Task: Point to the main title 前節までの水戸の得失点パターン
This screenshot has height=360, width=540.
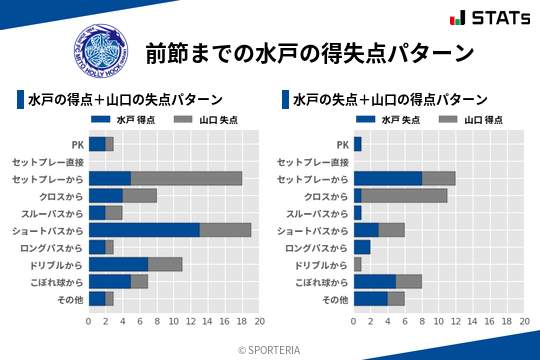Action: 308,52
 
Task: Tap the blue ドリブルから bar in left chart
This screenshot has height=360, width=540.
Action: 118,264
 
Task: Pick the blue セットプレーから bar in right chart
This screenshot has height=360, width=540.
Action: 387,178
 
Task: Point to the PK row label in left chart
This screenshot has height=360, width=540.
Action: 77,144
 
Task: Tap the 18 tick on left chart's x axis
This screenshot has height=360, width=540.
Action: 242,322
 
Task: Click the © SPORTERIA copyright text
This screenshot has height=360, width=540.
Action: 270,349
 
